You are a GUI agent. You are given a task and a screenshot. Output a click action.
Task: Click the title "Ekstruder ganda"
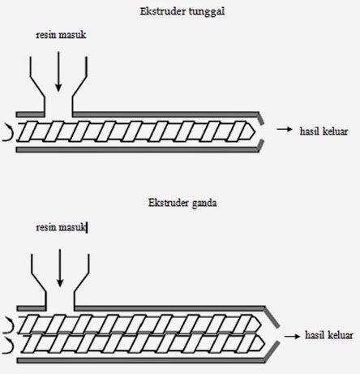click(x=182, y=202)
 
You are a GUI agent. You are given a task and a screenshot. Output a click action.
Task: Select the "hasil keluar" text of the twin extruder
click(x=328, y=334)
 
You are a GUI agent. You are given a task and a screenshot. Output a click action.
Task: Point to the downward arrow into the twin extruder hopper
click(x=60, y=268)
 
